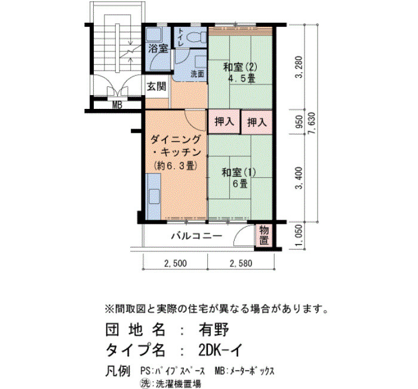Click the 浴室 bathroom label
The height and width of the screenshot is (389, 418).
158,48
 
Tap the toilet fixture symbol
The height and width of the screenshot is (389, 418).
196,37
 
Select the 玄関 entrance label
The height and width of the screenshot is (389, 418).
156,86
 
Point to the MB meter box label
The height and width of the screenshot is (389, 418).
117,105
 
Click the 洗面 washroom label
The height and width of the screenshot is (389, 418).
198,74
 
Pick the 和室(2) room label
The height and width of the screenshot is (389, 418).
240,67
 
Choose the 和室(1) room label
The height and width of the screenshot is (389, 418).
239,172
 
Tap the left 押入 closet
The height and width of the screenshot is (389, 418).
224,121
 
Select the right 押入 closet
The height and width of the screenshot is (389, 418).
257,122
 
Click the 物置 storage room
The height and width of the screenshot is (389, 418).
264,235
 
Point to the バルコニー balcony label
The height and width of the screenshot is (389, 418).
196,236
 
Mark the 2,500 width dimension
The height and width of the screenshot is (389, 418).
176,264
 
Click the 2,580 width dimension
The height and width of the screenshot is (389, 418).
241,264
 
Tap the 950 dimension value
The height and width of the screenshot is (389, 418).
299,121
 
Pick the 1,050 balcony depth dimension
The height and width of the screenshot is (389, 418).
299,236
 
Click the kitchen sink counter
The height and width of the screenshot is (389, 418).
153,196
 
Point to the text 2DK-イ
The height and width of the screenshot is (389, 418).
220,350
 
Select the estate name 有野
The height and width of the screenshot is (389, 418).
214,329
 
